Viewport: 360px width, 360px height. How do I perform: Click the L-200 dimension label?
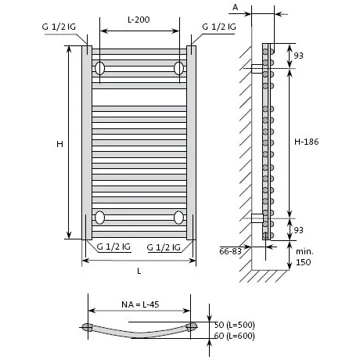139,20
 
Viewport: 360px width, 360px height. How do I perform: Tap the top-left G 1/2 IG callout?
59,27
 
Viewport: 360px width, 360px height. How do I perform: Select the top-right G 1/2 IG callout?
219,27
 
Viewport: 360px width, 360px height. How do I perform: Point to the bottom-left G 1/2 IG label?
113,247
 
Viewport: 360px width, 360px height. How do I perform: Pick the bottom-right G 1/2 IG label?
164,247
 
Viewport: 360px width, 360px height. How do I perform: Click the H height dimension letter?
59,144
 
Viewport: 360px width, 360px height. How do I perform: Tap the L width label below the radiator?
139,271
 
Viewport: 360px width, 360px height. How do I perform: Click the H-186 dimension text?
307,142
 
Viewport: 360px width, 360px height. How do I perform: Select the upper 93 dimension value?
299,56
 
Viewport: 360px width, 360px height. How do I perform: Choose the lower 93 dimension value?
299,230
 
